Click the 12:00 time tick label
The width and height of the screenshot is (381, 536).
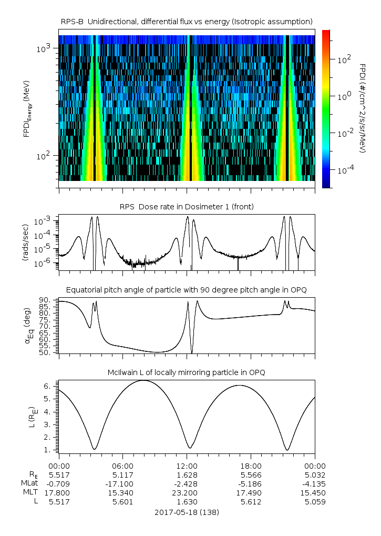pos(187,466)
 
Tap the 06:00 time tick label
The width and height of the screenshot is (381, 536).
pos(123,466)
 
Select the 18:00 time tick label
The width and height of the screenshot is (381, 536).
pos(251,466)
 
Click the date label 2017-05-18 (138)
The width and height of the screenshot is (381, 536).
pos(187,512)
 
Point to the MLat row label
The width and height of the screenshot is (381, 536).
pos(28,483)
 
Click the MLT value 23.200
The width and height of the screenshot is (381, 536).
pos(187,492)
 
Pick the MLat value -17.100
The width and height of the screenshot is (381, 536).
pos(123,483)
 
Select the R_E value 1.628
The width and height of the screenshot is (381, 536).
pos(187,474)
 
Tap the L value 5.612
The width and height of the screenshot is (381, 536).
pos(251,501)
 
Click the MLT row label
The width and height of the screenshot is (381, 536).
pos(29,492)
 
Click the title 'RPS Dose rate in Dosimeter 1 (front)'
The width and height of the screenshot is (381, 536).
pos(187,207)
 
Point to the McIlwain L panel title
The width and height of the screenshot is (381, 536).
pos(187,372)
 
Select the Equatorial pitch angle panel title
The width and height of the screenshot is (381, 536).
pos(187,290)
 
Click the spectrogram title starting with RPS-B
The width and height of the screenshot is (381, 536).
pos(187,21)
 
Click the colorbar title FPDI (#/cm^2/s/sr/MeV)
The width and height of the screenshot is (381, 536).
pos(363,108)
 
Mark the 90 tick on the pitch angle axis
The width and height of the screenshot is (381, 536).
pos(49,300)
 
